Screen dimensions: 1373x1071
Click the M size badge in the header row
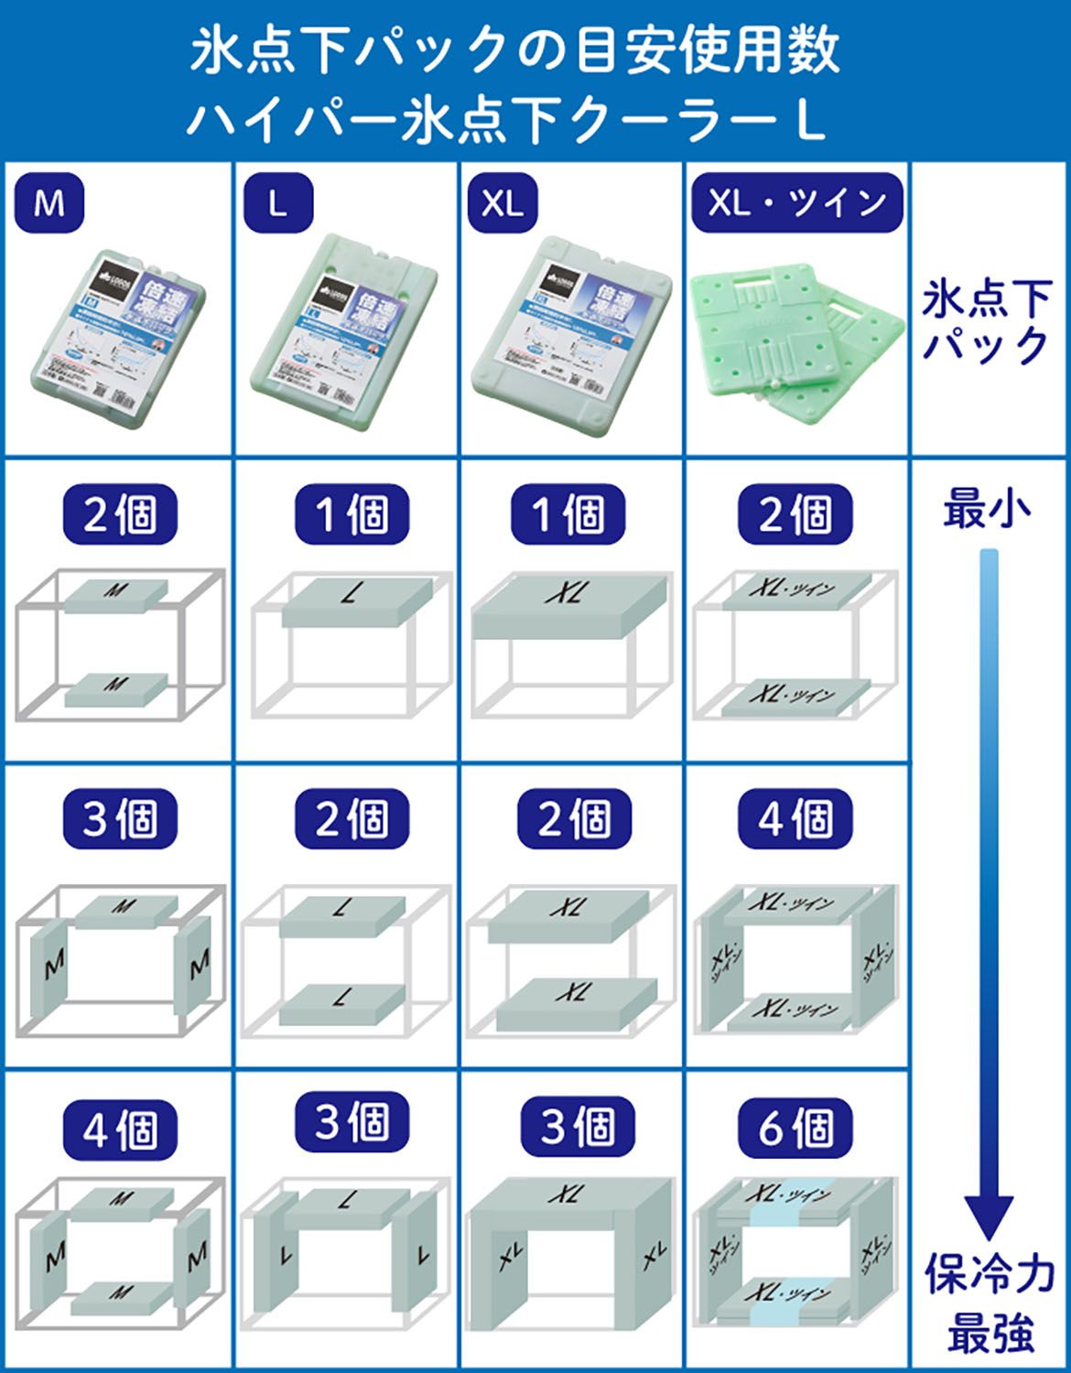coord(49,202)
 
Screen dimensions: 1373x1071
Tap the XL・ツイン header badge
coord(795,202)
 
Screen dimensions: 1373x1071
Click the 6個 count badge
coord(795,1129)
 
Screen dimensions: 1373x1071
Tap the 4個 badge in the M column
coord(119,1130)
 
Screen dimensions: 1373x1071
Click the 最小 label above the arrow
coord(988,509)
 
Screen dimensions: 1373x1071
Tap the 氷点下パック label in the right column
coord(987,322)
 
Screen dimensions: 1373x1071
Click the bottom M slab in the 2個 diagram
coord(116,688)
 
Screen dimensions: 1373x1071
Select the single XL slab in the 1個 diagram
coord(572,601)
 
